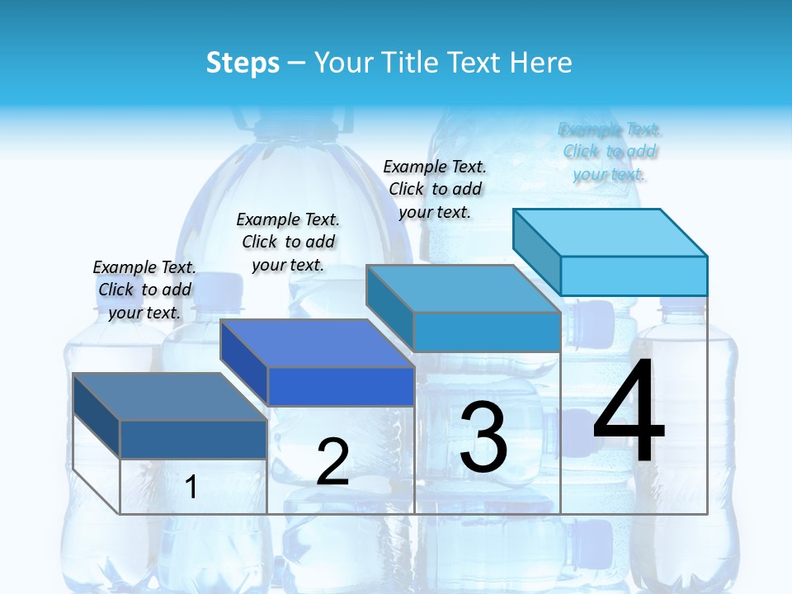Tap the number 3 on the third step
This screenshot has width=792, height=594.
[x=483, y=437]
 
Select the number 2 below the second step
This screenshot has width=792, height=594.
[x=332, y=462]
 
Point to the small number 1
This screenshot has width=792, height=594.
[x=191, y=488]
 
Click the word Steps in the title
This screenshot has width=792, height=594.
[x=243, y=63]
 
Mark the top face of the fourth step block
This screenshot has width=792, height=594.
[x=610, y=232]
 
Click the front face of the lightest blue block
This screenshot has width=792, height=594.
[x=634, y=276]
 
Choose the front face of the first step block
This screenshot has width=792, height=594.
[x=193, y=439]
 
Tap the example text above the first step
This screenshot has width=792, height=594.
[x=144, y=290]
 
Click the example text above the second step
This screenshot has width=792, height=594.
[x=288, y=242]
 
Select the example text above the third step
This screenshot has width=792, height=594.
[x=435, y=189]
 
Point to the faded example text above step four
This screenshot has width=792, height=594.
[x=610, y=152]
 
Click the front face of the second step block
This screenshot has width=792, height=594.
[x=341, y=386]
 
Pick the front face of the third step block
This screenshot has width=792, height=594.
[x=487, y=332]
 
